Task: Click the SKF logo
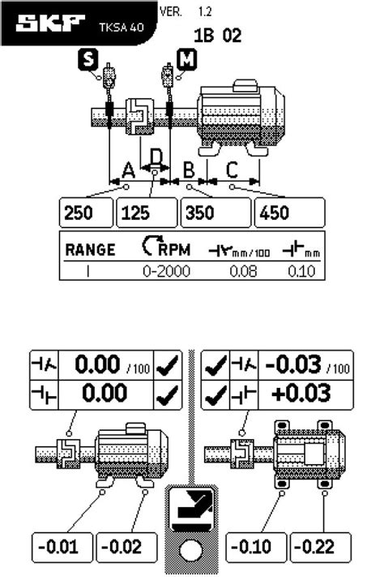click(x=50, y=24)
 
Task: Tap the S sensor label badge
click(x=88, y=59)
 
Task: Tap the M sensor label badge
click(x=186, y=59)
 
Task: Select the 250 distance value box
click(x=86, y=213)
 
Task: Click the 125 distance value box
click(x=147, y=213)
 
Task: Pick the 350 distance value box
click(x=215, y=213)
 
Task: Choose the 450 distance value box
click(x=289, y=213)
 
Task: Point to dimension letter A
click(x=128, y=170)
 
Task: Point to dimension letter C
click(x=232, y=170)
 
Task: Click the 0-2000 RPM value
click(x=166, y=272)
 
